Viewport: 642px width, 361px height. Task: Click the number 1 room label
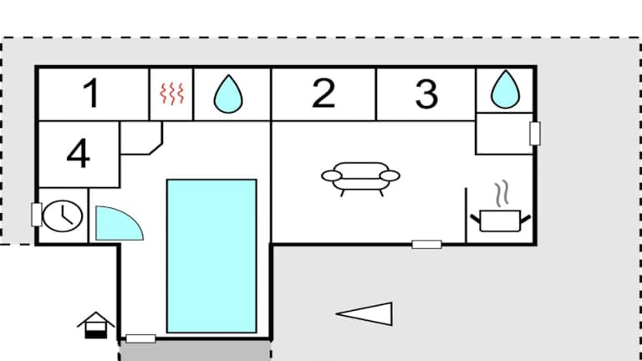[92, 94]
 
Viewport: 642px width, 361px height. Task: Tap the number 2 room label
[324, 94]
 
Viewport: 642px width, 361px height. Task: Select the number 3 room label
[426, 94]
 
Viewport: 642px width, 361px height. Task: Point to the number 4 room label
[79, 155]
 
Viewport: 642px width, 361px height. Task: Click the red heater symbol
[171, 95]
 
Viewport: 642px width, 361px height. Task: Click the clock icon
[62, 216]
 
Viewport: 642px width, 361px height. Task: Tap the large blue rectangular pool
[211, 255]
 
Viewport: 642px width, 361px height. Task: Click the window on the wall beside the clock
[36, 214]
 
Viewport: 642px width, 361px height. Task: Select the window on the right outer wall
[535, 133]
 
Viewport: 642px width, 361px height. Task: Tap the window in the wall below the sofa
[426, 244]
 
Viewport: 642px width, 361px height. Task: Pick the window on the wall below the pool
[140, 338]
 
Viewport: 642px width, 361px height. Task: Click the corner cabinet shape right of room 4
[140, 138]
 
